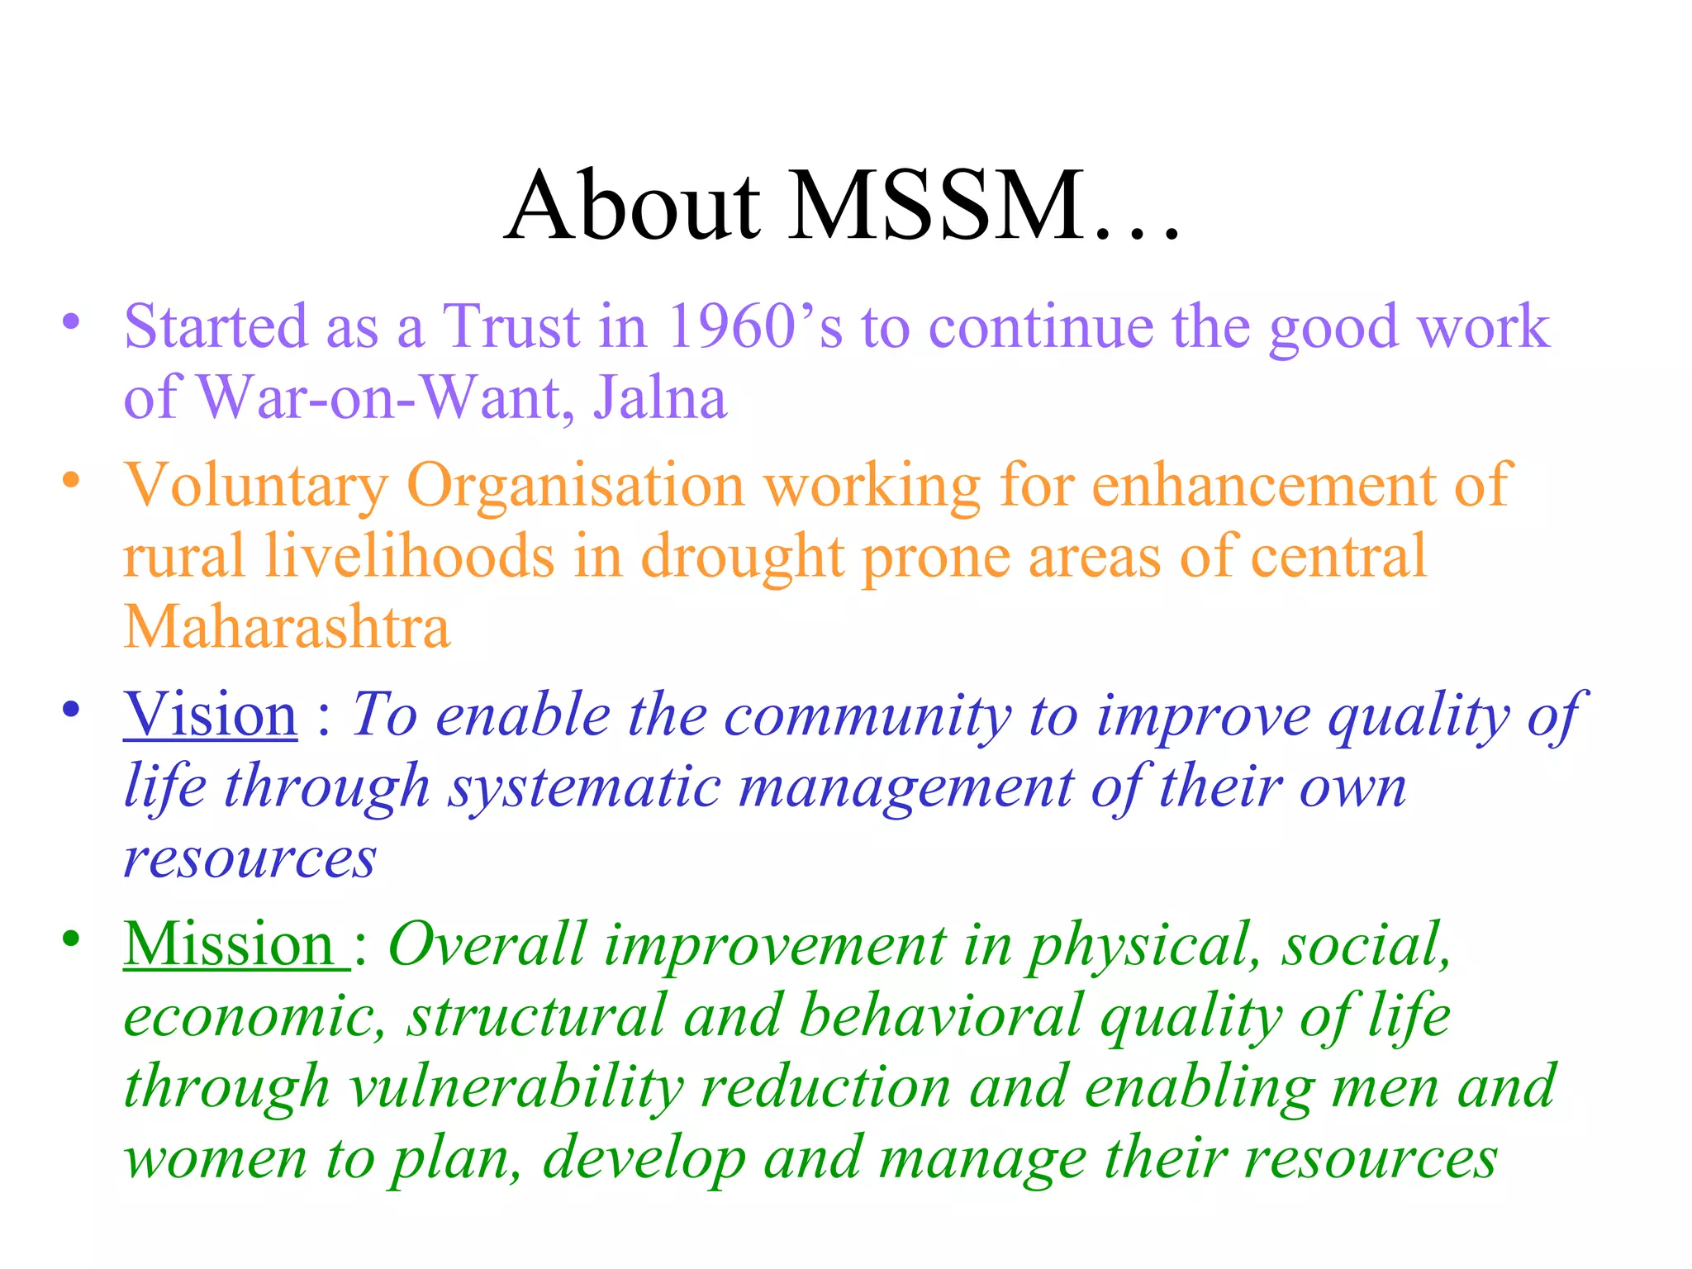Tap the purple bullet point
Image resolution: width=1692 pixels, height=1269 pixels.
click(72, 321)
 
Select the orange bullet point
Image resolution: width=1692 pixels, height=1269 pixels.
click(72, 480)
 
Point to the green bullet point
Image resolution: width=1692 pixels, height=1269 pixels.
click(72, 939)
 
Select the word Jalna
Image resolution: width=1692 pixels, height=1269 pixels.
click(660, 398)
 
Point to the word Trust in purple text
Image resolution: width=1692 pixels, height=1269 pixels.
click(511, 326)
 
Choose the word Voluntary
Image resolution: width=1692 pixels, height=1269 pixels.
click(255, 486)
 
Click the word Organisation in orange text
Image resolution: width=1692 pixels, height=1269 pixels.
click(575, 486)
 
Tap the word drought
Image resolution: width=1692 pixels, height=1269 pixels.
click(743, 557)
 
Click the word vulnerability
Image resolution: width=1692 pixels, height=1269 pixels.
click(516, 1086)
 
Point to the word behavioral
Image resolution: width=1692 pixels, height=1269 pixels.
click(941, 1015)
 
